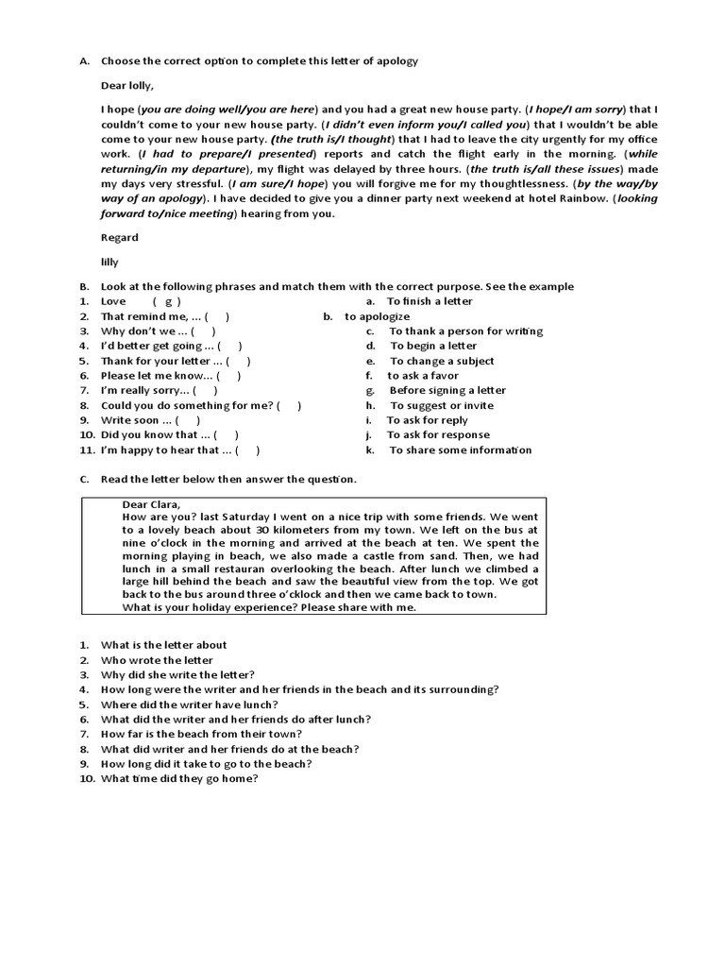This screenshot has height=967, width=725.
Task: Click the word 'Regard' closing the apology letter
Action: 120,238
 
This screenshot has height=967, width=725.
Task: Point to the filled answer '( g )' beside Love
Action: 166,302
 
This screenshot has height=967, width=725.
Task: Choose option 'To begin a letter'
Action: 433,347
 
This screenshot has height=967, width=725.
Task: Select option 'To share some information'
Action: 460,450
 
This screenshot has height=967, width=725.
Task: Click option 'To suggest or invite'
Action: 442,406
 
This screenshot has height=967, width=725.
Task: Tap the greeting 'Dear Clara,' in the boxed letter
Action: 151,504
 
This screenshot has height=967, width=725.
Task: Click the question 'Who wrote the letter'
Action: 157,660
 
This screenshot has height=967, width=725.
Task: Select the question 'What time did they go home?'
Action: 179,779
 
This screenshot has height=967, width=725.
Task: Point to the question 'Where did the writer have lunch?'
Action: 189,704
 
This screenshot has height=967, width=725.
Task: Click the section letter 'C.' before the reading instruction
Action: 84,480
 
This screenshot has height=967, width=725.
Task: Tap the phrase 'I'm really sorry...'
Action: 146,391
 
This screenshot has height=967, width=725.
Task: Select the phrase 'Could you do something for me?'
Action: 187,406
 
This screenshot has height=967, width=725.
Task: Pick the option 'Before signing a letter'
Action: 447,391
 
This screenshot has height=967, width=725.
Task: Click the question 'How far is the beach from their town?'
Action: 201,735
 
